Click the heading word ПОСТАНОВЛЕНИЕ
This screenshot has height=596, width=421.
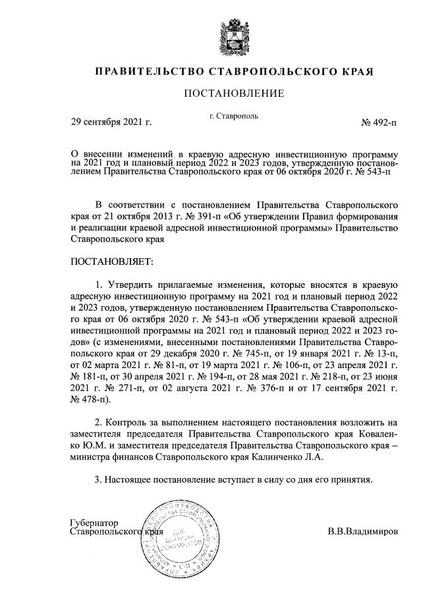233,94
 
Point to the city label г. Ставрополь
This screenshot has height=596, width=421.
233,116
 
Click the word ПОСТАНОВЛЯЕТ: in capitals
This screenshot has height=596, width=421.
111,262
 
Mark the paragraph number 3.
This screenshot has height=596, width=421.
98,479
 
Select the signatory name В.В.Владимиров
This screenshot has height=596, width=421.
362,531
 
